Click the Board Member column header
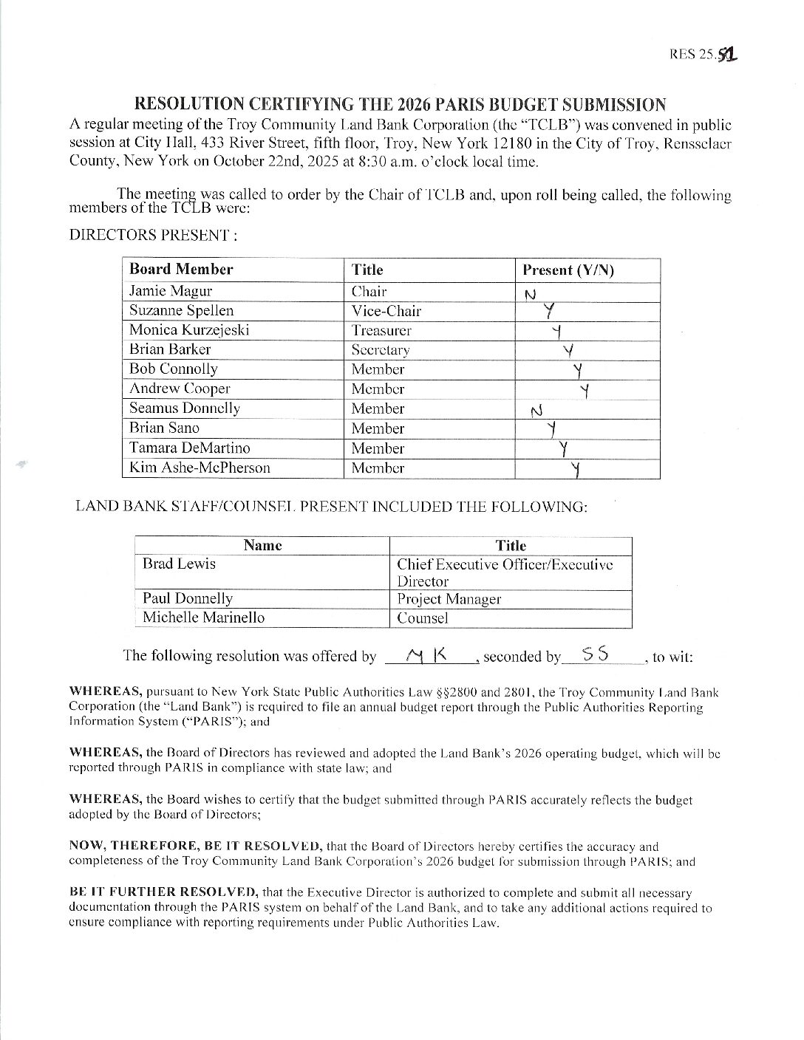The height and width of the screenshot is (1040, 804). [x=181, y=270]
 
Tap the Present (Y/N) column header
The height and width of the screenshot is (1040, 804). [x=568, y=270]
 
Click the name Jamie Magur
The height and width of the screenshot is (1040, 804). [x=171, y=291]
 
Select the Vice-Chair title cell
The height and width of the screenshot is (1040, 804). [x=386, y=311]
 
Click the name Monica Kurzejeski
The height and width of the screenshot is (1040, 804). [x=189, y=330]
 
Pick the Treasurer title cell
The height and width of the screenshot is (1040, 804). [x=381, y=330]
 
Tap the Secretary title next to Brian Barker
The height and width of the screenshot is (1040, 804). [x=381, y=350]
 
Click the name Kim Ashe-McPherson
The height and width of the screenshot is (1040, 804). [x=200, y=468]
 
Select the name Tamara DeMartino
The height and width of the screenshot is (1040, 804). [x=190, y=448]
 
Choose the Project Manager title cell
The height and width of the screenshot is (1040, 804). [x=449, y=599]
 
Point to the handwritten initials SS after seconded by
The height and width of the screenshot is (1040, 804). [x=596, y=654]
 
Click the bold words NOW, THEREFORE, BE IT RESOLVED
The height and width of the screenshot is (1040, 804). [x=195, y=846]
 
